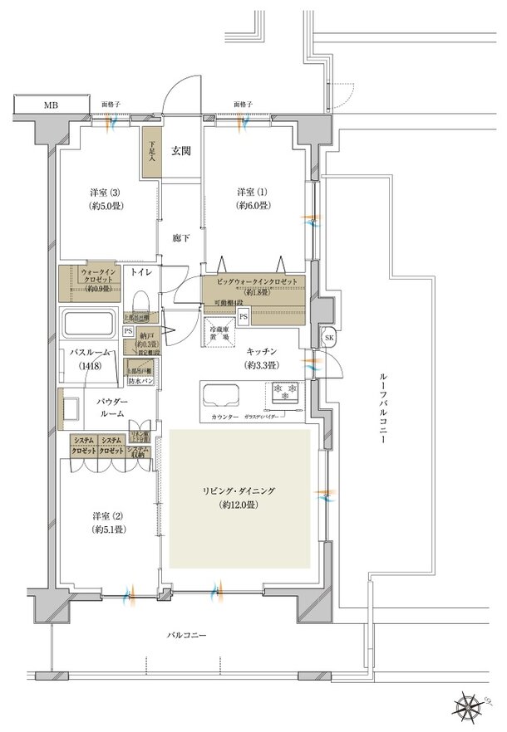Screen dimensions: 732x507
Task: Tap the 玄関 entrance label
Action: [x=181, y=151]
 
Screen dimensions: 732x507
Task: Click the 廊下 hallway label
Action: [x=181, y=236]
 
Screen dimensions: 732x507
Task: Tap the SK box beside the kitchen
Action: [x=327, y=339]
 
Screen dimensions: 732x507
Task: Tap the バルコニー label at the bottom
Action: [x=185, y=635]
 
